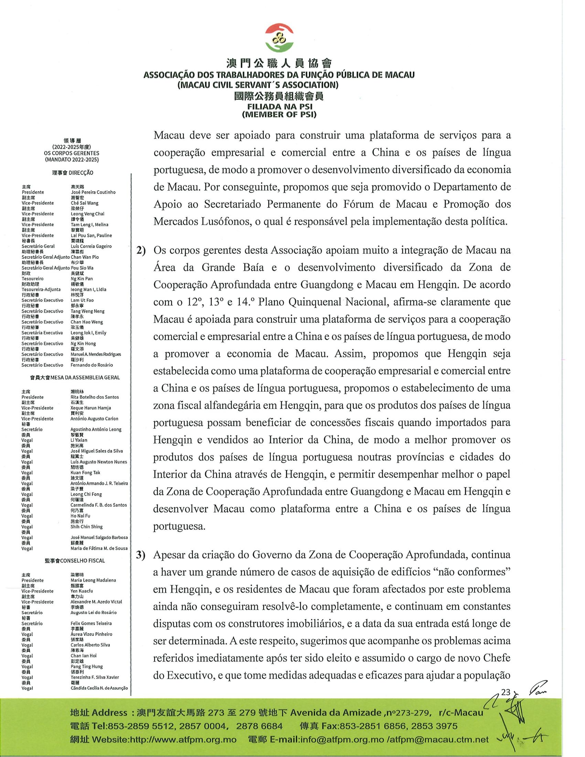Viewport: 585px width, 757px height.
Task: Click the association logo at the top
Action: (x=279, y=39)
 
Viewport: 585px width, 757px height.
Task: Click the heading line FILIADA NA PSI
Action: (x=279, y=107)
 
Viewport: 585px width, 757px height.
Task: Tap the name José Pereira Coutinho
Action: (x=93, y=192)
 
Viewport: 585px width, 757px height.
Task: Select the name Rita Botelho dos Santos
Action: (x=94, y=397)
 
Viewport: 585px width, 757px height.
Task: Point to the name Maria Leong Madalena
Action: (x=93, y=580)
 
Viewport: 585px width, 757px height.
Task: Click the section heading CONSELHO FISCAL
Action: (x=82, y=561)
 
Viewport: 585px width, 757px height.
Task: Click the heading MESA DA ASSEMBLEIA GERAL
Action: (x=85, y=377)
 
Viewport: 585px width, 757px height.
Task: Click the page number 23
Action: (x=506, y=692)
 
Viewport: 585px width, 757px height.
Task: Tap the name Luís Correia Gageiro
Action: (x=91, y=246)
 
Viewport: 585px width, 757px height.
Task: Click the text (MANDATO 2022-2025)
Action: (x=72, y=160)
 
